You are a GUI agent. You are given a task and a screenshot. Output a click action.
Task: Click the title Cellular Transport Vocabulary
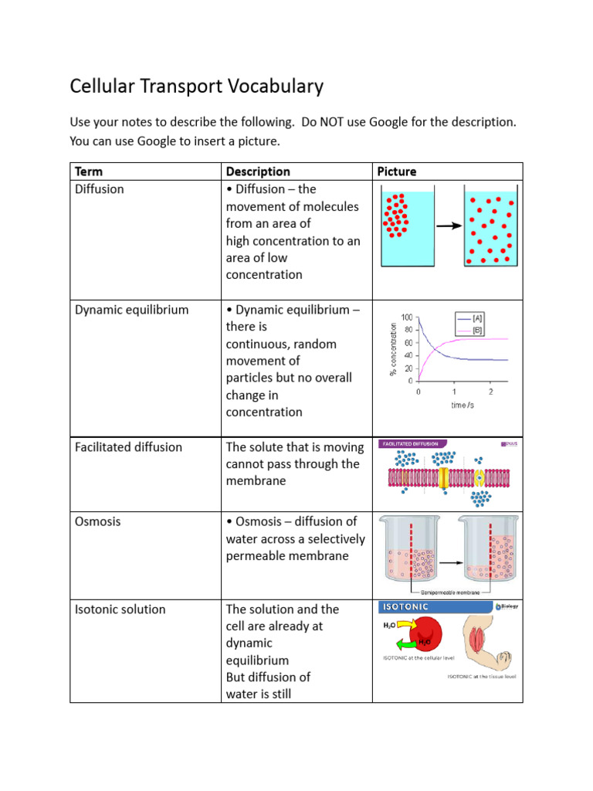[196, 86]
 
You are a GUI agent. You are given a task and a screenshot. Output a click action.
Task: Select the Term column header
[88, 171]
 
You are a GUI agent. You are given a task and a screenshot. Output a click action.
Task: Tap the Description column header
[258, 171]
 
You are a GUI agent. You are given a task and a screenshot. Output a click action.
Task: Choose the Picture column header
[397, 171]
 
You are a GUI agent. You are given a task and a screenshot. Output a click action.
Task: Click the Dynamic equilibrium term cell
[131, 310]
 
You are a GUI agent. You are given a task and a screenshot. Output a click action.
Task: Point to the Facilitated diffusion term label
[128, 447]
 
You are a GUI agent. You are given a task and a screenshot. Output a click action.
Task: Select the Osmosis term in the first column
[98, 521]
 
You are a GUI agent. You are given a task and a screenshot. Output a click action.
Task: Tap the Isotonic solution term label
[120, 609]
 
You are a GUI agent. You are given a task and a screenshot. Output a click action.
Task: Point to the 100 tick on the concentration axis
[406, 317]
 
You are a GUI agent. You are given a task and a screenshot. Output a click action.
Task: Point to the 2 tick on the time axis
[490, 392]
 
